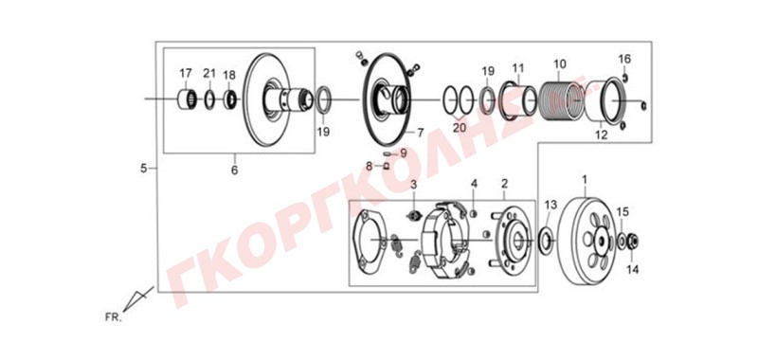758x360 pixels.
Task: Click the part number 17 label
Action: (x=186, y=74)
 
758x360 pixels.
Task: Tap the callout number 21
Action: (x=208, y=74)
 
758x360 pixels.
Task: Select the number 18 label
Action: (x=229, y=76)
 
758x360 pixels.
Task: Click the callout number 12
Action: (x=601, y=135)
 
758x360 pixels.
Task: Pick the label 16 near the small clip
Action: (x=624, y=60)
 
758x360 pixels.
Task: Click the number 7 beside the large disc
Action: (x=420, y=132)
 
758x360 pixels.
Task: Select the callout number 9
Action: (x=404, y=153)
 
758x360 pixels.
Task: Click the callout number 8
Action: (x=370, y=167)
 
